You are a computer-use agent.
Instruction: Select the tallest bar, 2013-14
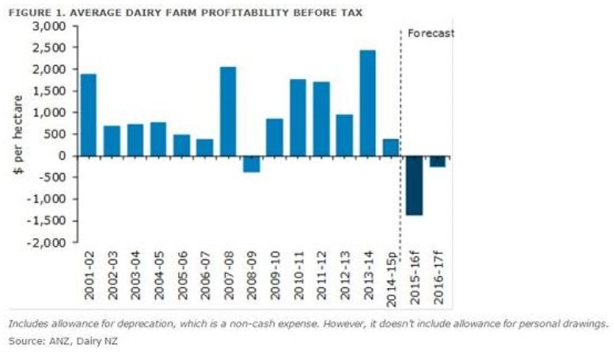coord(367,103)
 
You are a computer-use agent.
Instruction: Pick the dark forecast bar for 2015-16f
coord(414,185)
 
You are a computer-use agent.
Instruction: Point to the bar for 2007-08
coord(228,111)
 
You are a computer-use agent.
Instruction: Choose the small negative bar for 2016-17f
coord(437,161)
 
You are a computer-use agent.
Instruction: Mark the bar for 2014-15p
coord(390,147)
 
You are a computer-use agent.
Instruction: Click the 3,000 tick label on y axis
coord(52,26)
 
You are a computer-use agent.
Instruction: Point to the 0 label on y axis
coord(66,156)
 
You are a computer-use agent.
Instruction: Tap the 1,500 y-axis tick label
coord(52,91)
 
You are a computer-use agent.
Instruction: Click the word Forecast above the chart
coord(431,33)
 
